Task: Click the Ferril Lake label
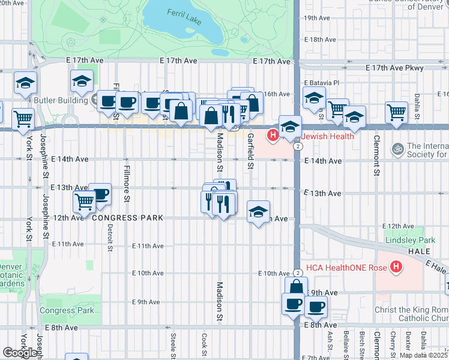click(183, 13)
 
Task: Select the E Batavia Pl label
click(322, 82)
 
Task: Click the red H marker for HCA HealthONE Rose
click(396, 266)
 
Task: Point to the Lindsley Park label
click(410, 240)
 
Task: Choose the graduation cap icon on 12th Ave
click(258, 212)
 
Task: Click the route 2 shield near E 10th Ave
click(297, 272)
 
